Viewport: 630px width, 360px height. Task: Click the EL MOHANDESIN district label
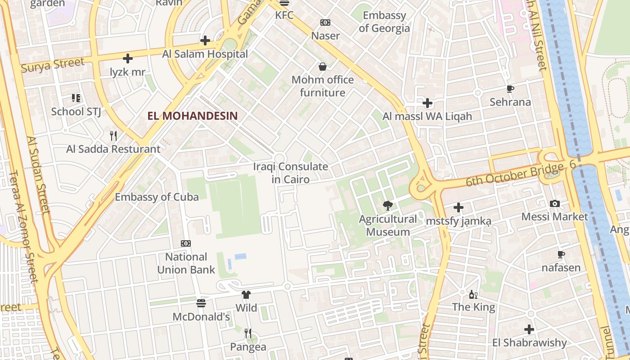click(192, 116)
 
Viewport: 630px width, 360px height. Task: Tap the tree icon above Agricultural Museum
click(387, 206)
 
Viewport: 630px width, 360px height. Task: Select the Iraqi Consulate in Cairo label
click(291, 173)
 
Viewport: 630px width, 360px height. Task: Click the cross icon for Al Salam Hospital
click(205, 40)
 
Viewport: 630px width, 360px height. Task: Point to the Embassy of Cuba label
click(157, 197)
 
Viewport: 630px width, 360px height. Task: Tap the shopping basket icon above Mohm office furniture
click(323, 67)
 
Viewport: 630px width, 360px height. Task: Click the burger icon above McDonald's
click(201, 303)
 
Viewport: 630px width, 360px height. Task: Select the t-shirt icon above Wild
click(246, 295)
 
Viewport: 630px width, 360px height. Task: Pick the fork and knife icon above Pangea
click(248, 333)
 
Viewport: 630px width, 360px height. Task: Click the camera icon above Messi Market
click(555, 203)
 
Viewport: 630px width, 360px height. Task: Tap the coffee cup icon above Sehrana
click(510, 89)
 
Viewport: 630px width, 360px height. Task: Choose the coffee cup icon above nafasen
click(561, 254)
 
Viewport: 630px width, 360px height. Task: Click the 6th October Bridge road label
click(514, 175)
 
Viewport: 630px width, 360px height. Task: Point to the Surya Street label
click(53, 65)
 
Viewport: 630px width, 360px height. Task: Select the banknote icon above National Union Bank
click(186, 243)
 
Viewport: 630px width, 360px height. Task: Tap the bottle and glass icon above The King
click(473, 294)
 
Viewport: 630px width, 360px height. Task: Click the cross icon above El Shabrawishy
click(529, 329)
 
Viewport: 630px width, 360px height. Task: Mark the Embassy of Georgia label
click(384, 22)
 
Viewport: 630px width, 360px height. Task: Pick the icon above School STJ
click(76, 98)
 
